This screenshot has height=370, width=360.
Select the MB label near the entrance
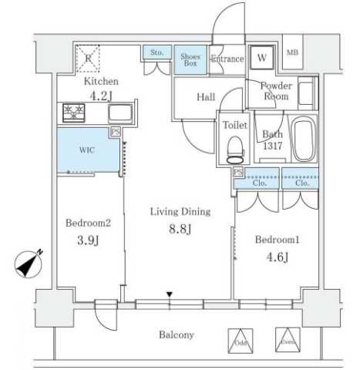pyautogui.click(x=293, y=53)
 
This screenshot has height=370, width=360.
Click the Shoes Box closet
pyautogui.click(x=190, y=60)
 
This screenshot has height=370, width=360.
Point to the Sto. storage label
pyautogui.click(x=156, y=53)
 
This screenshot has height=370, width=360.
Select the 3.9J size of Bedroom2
pyautogui.click(x=86, y=241)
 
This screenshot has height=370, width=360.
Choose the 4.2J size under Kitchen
pyautogui.click(x=101, y=97)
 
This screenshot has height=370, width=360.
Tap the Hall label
pyautogui.click(x=206, y=97)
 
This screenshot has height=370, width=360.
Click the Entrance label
pyautogui.click(x=227, y=59)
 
